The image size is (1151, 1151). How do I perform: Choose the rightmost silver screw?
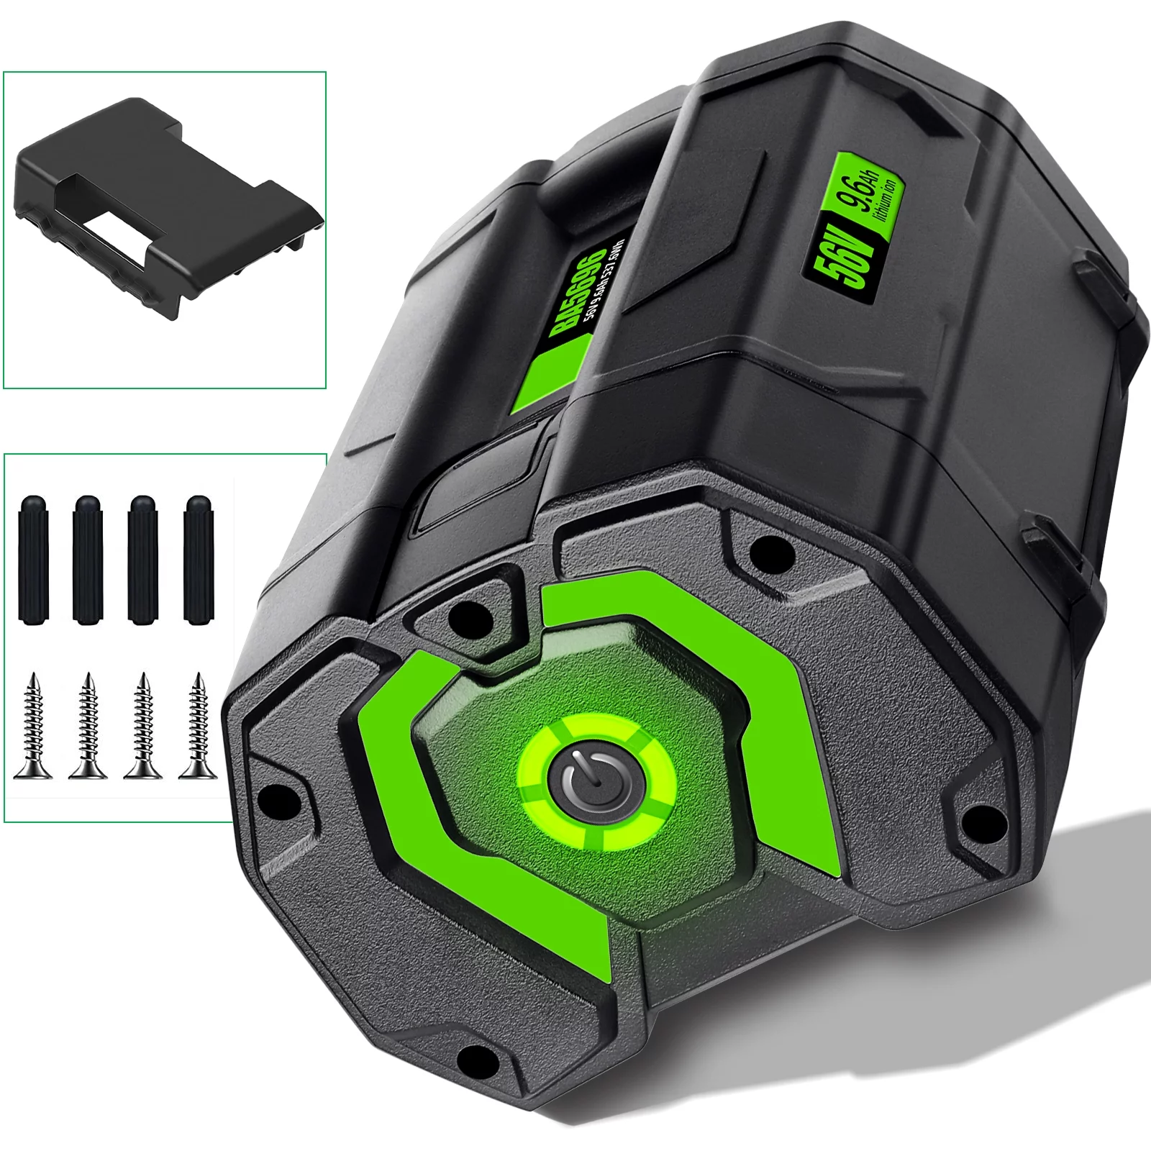point(196,727)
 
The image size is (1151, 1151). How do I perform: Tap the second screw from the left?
point(88,727)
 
